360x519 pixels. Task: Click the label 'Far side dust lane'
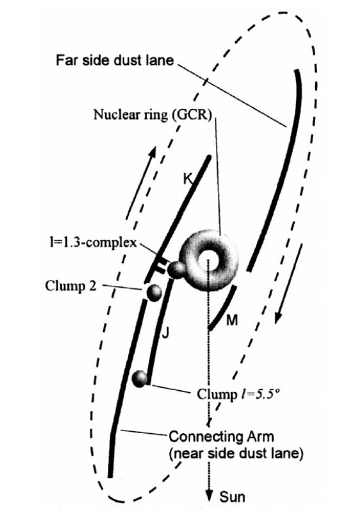(x=114, y=61)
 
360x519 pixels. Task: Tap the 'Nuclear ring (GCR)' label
(x=153, y=115)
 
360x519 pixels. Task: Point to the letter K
(x=188, y=179)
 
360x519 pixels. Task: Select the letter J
(x=165, y=333)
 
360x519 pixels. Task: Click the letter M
(x=232, y=320)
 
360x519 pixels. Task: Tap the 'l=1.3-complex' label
(x=91, y=243)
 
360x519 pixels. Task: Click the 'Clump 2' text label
(x=71, y=286)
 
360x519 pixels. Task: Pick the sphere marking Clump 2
(x=154, y=293)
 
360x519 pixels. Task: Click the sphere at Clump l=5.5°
(x=140, y=379)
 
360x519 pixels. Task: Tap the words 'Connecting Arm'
(x=222, y=436)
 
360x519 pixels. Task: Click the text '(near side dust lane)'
(x=236, y=453)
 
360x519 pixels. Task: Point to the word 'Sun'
(x=232, y=497)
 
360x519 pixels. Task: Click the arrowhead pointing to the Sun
(x=208, y=496)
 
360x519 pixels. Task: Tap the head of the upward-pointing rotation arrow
(x=152, y=152)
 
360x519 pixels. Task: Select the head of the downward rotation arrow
(x=279, y=317)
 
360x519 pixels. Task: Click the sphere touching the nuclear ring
(x=176, y=270)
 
